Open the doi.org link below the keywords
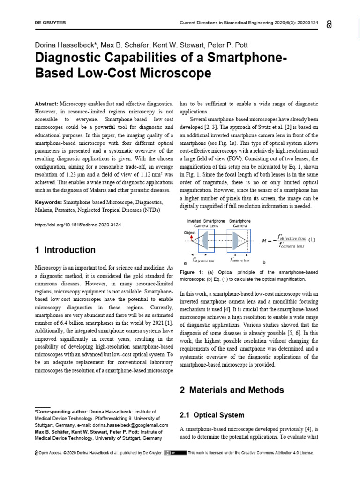point(78,225)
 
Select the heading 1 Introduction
point(65,250)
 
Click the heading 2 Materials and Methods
point(232,390)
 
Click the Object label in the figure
point(190,232)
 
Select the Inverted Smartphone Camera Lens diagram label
point(206,223)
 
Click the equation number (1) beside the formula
point(312,240)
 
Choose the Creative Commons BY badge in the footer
point(175,453)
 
